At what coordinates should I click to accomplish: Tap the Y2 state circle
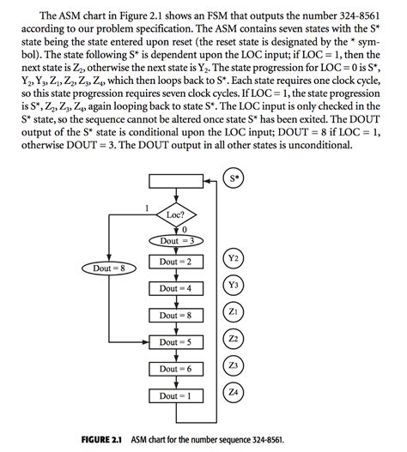click(x=234, y=258)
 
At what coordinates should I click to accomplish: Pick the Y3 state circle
click(x=234, y=285)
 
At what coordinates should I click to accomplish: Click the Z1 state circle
click(x=234, y=311)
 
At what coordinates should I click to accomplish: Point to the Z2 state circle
click(x=234, y=339)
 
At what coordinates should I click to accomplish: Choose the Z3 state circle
click(x=234, y=366)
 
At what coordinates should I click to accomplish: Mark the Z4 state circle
click(x=234, y=393)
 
